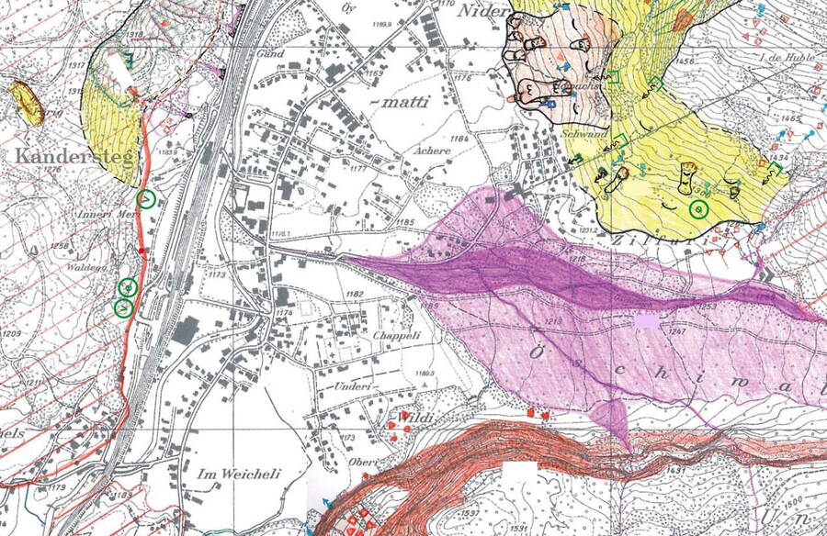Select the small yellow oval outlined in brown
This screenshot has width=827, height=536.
(28, 103)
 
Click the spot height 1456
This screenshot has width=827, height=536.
(685, 61)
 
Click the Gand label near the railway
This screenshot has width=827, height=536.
(270, 55)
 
